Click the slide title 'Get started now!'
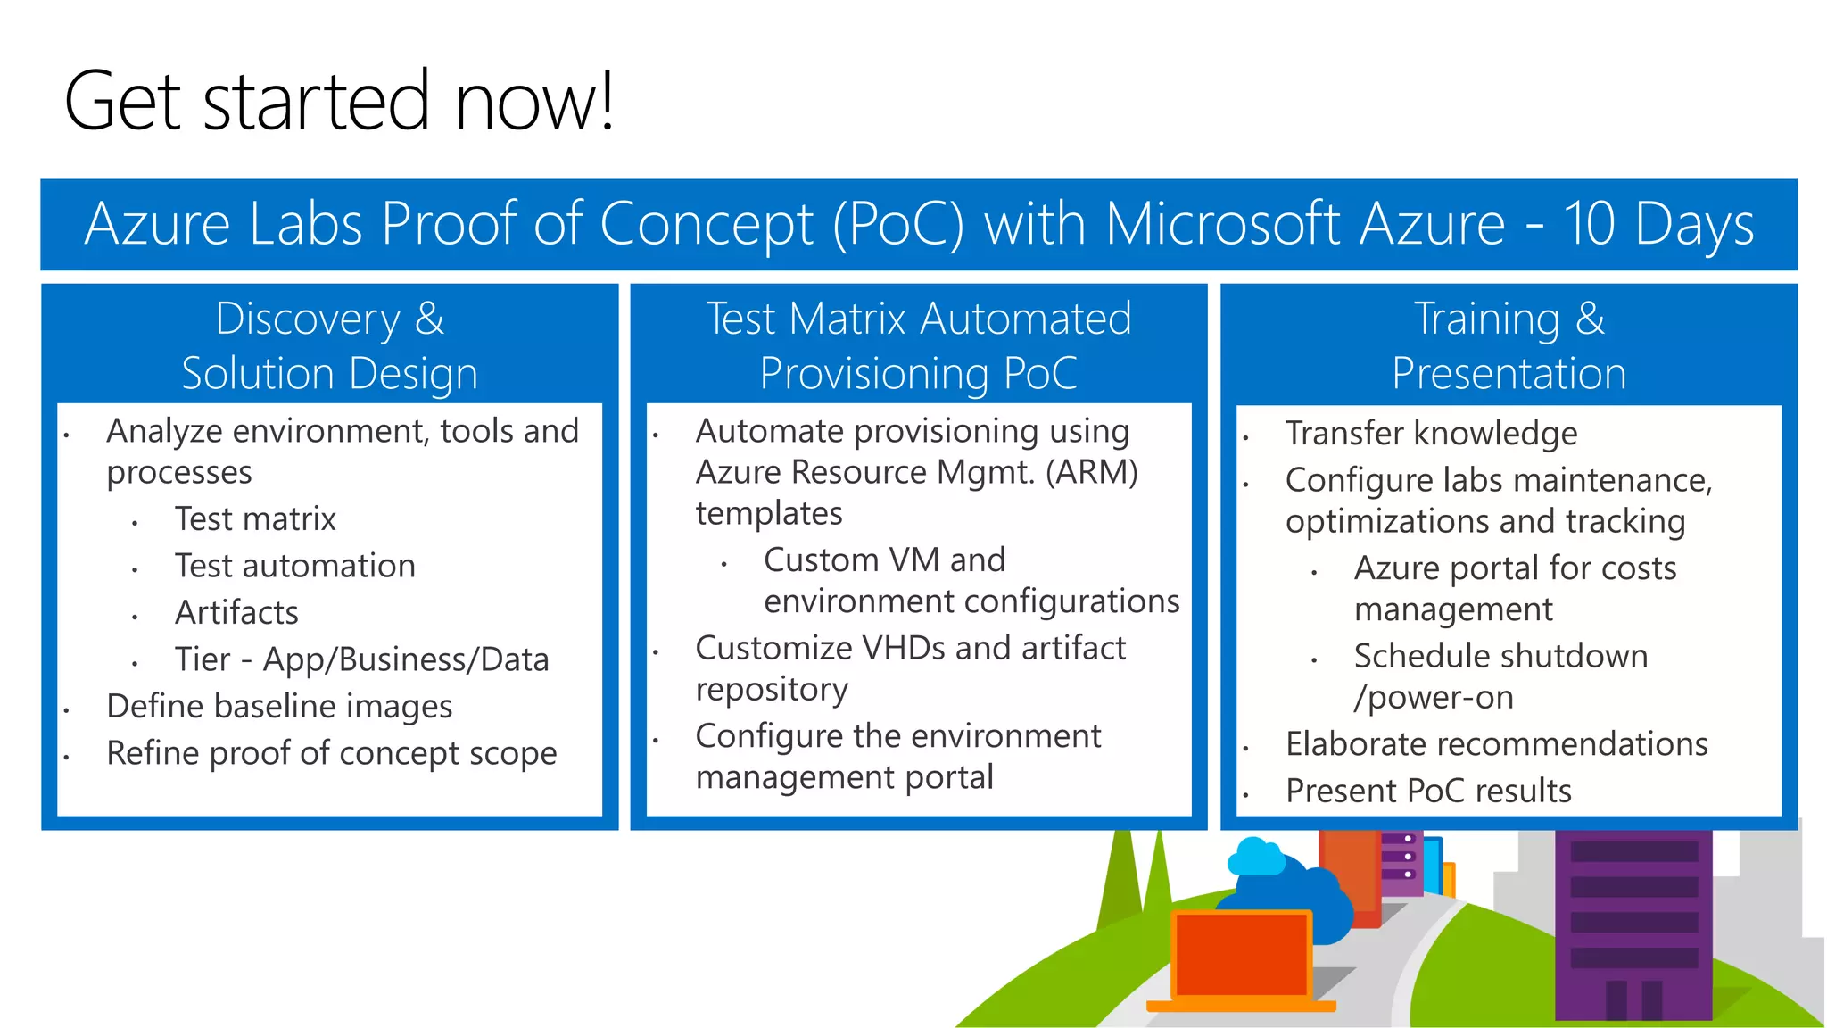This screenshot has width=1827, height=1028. click(339, 101)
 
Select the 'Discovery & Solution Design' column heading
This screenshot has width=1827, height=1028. click(329, 345)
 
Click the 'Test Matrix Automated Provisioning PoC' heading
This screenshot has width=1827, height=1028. click(918, 345)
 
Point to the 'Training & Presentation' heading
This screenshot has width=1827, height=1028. click(1509, 345)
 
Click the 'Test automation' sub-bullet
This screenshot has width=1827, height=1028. click(294, 566)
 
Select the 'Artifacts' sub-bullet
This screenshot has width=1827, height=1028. click(236, 613)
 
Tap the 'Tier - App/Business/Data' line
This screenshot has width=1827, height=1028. click(361, 659)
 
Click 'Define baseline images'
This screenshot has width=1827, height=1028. click(279, 707)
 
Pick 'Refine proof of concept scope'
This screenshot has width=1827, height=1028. click(331, 753)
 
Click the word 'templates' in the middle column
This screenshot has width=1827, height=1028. click(768, 514)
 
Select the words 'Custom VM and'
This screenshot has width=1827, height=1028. click(884, 560)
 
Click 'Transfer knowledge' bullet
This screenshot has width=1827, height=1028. click(1431, 434)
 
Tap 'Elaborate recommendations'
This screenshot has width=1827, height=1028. click(1496, 744)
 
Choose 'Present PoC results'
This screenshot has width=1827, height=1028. click(1427, 792)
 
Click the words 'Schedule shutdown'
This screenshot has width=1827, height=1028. click(1500, 656)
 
